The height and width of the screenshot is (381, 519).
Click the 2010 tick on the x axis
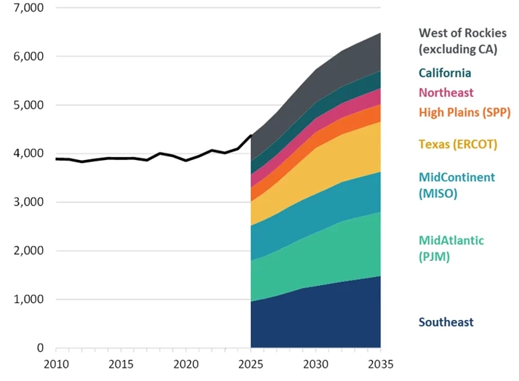[56, 363]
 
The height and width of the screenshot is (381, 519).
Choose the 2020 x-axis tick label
[186, 363]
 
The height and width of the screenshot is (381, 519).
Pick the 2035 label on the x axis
[381, 363]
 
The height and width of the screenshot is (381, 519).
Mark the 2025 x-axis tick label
[251, 363]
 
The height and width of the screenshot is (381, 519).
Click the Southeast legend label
[446, 322]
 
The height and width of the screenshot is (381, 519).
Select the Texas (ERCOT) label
[457, 144]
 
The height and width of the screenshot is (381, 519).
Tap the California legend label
[444, 73]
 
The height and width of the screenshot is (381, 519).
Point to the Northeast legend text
[446, 92]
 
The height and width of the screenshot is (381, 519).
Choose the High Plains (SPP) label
[464, 112]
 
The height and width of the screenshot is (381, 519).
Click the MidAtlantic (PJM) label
[451, 247]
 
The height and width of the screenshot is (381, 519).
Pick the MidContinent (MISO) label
[456, 184]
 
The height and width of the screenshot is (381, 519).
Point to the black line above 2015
[121, 158]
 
